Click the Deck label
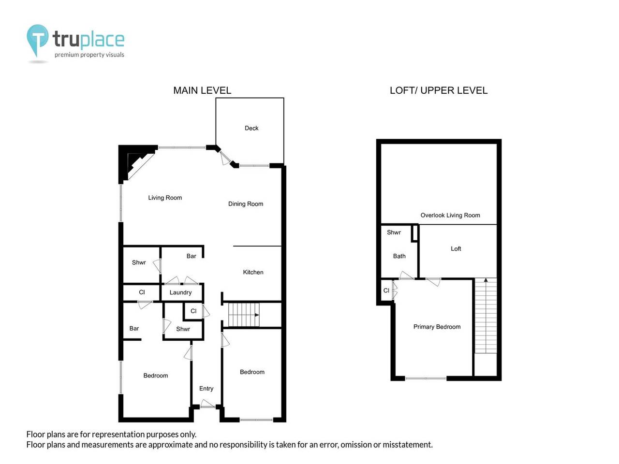pyautogui.click(x=251, y=128)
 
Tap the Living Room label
pyautogui.click(x=165, y=198)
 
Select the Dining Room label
pyautogui.click(x=246, y=204)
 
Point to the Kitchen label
pyautogui.click(x=253, y=272)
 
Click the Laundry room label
pyautogui.click(x=180, y=293)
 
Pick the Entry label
pyautogui.click(x=206, y=389)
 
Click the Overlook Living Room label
pyautogui.click(x=450, y=215)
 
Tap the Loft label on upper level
pyautogui.click(x=456, y=248)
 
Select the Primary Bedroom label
pyautogui.click(x=437, y=327)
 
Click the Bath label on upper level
pyautogui.click(x=399, y=256)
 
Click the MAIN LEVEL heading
pyautogui.click(x=202, y=90)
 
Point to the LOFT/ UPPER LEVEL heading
pyautogui.click(x=439, y=90)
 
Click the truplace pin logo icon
pyautogui.click(x=37, y=40)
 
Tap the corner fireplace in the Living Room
pyautogui.click(x=137, y=163)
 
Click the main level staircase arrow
pyautogui.click(x=243, y=315)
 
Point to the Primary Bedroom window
pyautogui.click(x=426, y=378)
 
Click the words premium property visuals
pyautogui.click(x=89, y=55)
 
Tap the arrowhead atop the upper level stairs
pyautogui.click(x=486, y=280)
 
